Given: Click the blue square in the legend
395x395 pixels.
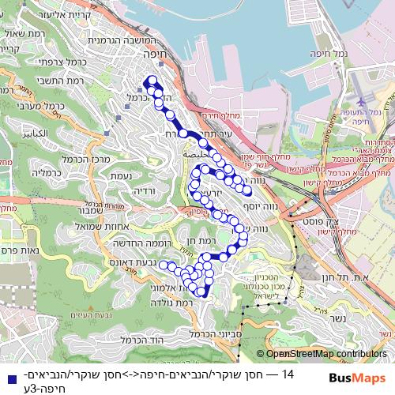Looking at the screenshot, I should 8,378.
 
